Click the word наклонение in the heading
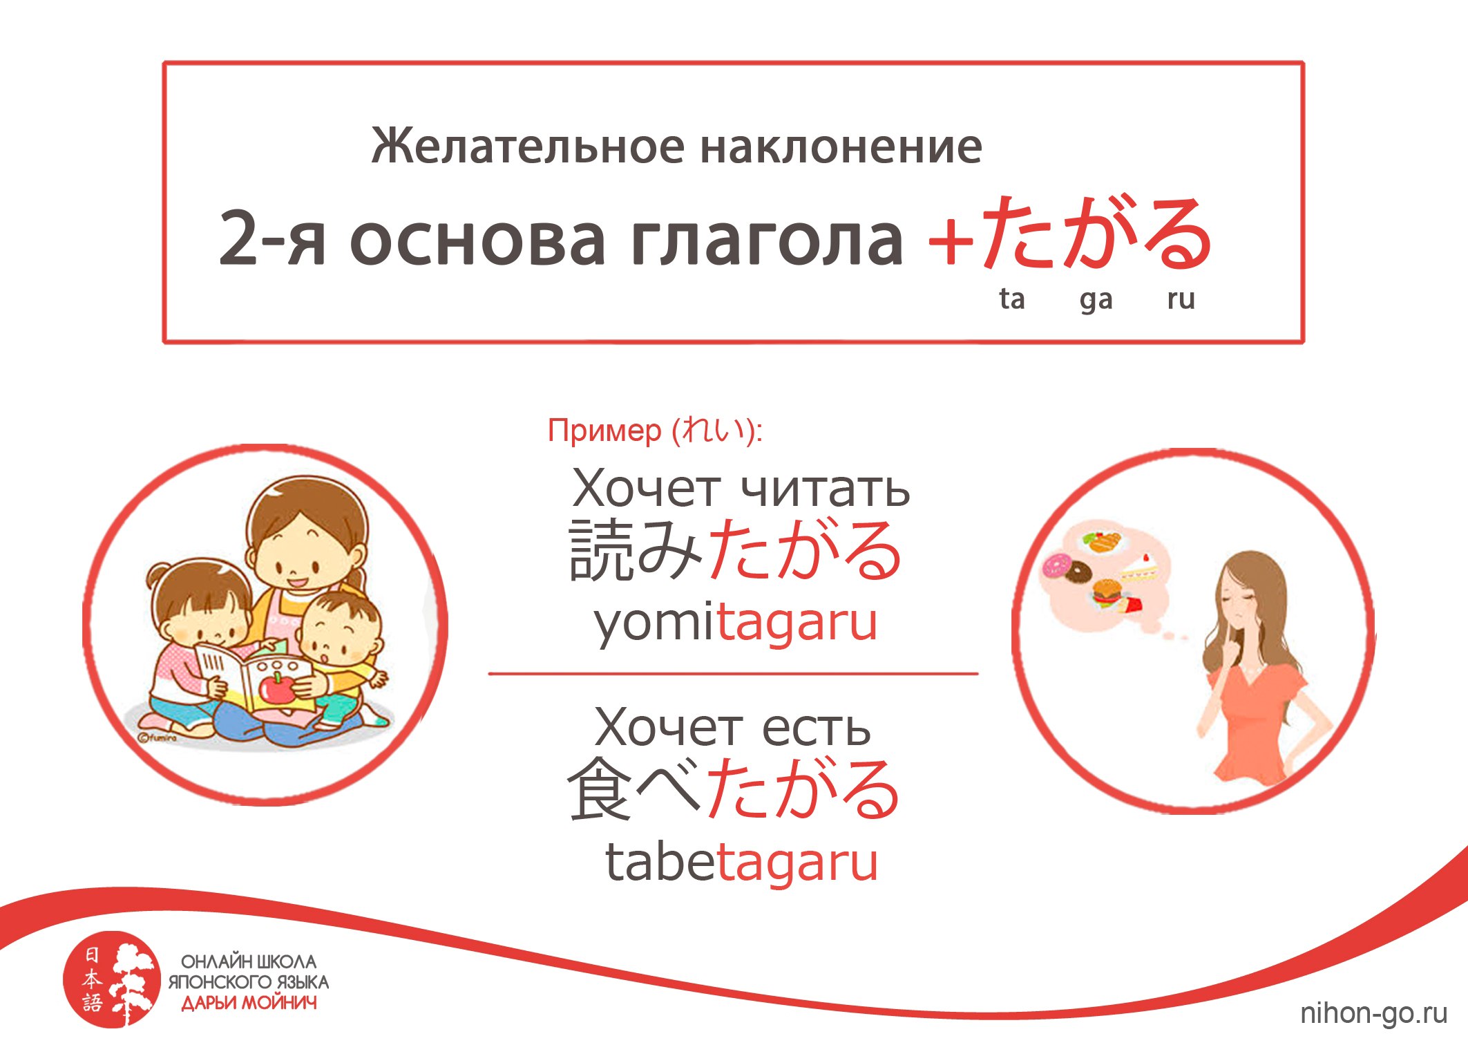[841, 147]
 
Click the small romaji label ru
[1181, 299]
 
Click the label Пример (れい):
[655, 430]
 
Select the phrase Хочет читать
[741, 488]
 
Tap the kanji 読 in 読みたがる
[601, 550]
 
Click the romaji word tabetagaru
[741, 862]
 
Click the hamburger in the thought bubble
[1107, 592]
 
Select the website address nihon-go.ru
[1373, 1013]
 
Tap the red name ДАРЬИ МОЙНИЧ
[249, 1003]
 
